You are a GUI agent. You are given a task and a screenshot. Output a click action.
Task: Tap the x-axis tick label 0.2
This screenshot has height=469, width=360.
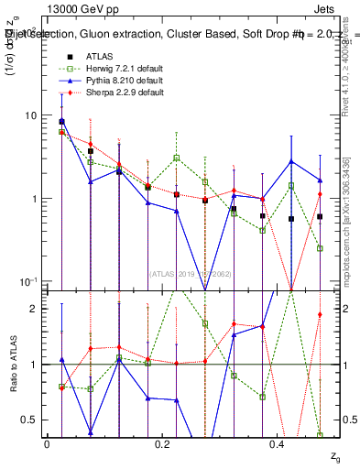click(162, 443)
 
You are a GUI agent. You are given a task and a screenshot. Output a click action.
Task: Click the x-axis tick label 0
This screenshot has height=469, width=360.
click(47, 443)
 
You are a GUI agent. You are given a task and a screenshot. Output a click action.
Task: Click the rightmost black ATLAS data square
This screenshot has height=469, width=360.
click(320, 217)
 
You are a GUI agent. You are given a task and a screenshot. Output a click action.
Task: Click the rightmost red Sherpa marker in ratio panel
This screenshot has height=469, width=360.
click(320, 315)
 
